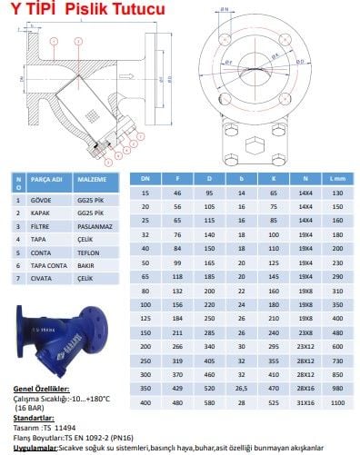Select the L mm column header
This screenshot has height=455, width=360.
pyautogui.click(x=339, y=179)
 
